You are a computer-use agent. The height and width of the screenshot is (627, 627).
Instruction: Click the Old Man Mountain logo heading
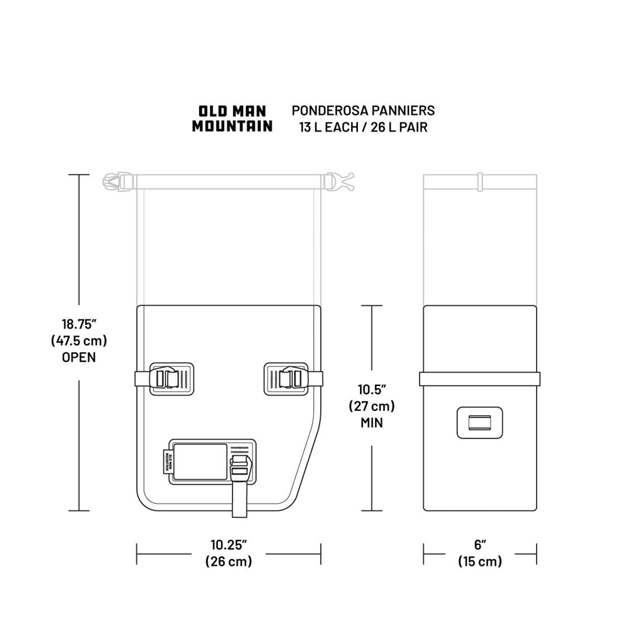pyautogui.click(x=232, y=119)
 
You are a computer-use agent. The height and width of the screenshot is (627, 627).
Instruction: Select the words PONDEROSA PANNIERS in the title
pyautogui.click(x=363, y=110)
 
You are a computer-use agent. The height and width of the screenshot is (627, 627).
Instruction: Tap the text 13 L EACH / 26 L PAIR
pyautogui.click(x=363, y=127)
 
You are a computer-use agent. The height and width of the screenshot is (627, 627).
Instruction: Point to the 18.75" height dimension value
pyautogui.click(x=79, y=323)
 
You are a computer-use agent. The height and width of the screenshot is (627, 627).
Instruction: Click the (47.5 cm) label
pyautogui.click(x=79, y=341)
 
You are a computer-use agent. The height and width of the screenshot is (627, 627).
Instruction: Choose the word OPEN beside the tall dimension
pyautogui.click(x=79, y=357)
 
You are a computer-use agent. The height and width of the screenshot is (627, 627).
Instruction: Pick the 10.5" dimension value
pyautogui.click(x=372, y=389)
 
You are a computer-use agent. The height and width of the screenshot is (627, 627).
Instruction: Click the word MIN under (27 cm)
pyautogui.click(x=372, y=422)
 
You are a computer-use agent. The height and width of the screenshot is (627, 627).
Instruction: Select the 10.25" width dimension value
pyautogui.click(x=229, y=545)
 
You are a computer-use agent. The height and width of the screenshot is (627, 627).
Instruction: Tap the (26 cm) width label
pyautogui.click(x=229, y=561)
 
